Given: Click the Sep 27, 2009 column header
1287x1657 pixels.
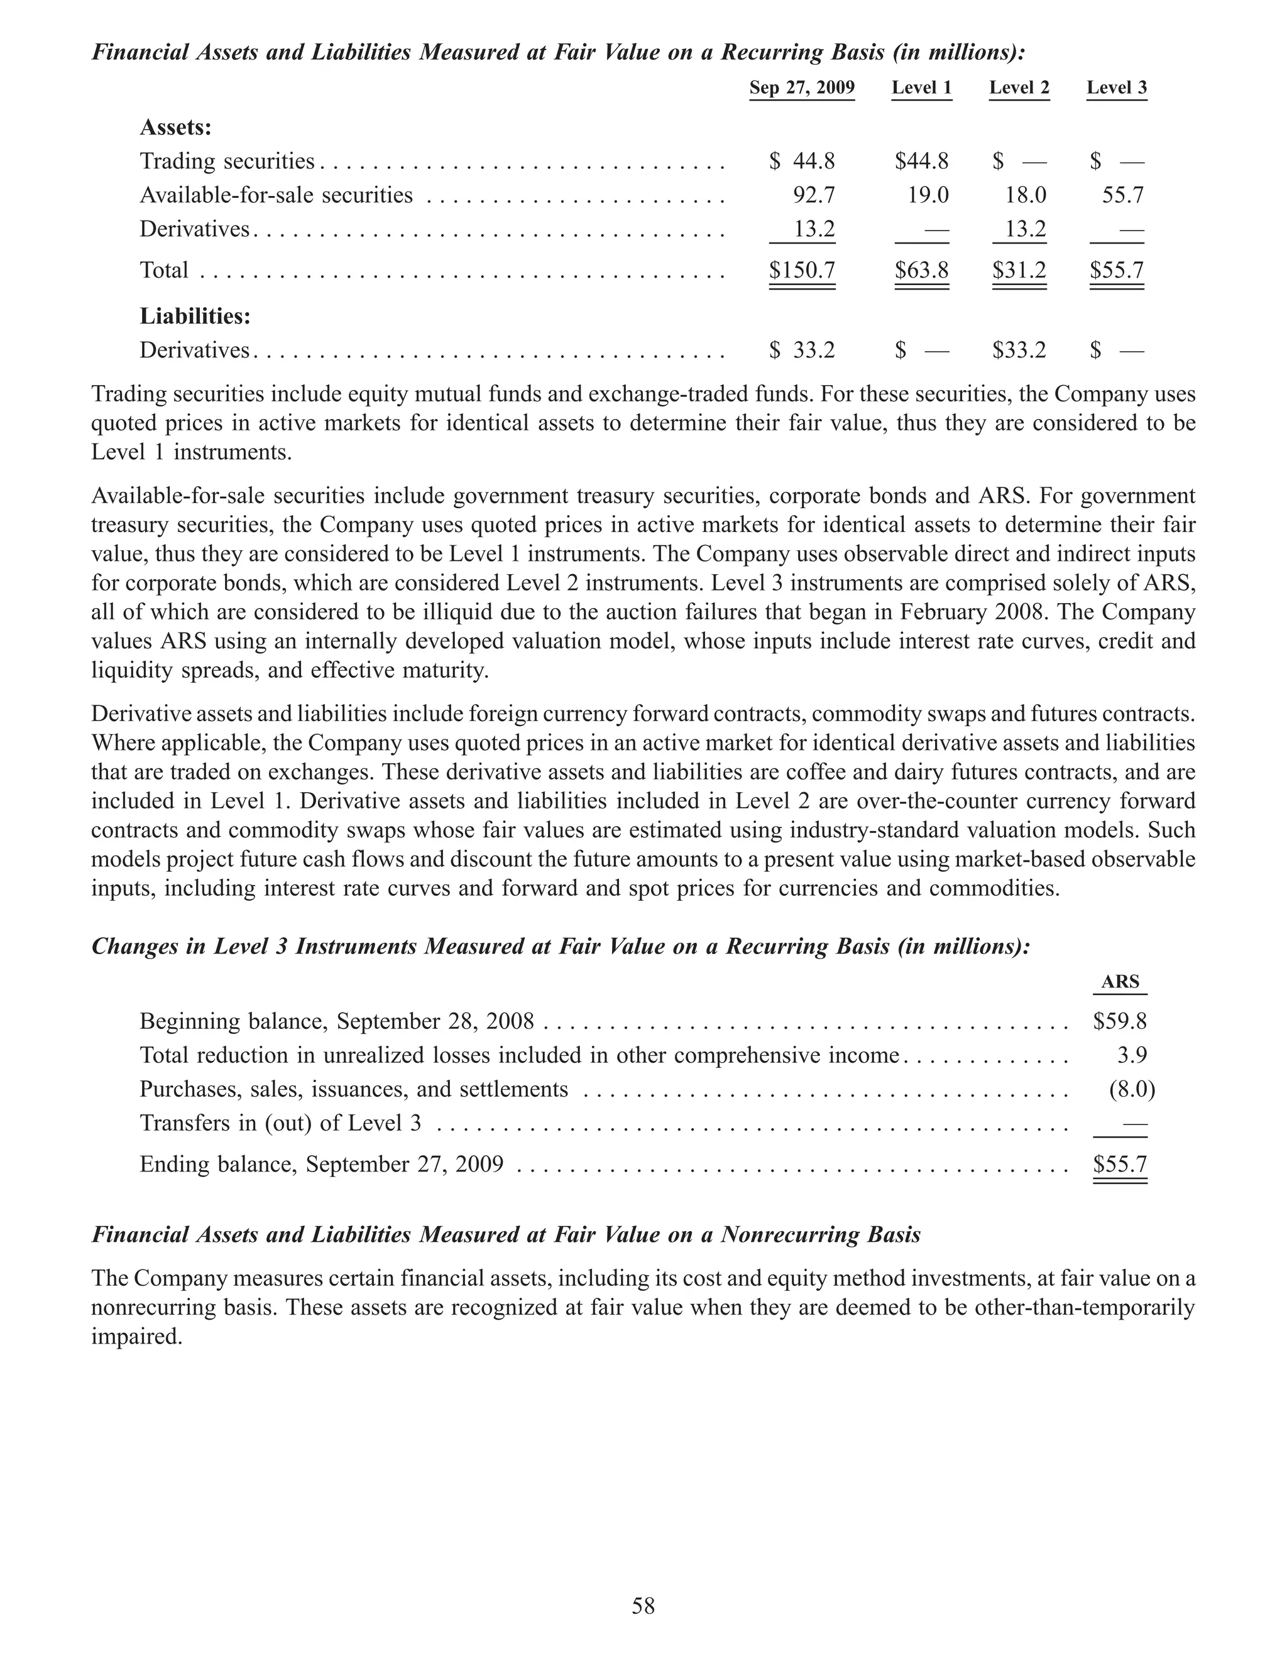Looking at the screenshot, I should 801,88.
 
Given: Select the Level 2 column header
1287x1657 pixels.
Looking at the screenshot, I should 1019,88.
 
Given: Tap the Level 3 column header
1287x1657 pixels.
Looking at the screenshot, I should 1116,88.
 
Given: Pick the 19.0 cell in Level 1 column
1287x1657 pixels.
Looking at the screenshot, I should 928,196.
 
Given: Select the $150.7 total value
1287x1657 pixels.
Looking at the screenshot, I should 801,271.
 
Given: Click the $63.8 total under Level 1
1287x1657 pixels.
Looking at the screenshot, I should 921,271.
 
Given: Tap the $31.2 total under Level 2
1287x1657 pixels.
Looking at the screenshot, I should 1019,271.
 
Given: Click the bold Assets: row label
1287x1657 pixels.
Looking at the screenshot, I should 175,128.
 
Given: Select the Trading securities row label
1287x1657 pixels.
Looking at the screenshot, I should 227,161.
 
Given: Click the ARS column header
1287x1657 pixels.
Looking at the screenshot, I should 1120,982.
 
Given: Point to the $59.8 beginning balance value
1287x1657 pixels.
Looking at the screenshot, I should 1119,1022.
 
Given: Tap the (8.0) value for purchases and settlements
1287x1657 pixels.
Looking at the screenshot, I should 1131,1090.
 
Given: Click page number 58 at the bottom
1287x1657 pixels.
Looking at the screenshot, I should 643,1606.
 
